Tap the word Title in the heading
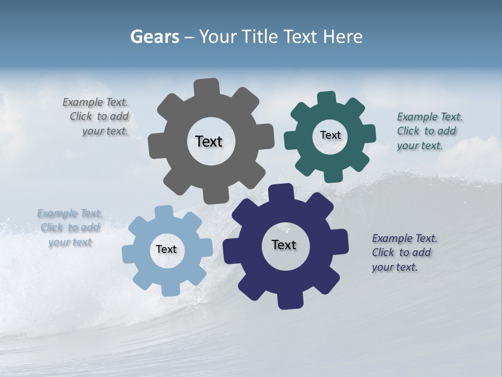(x=259, y=37)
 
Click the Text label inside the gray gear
(x=209, y=141)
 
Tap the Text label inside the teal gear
(x=330, y=135)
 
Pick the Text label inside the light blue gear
(x=166, y=249)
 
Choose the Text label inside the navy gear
(x=284, y=245)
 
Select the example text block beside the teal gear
(x=428, y=131)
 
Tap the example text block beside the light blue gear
(x=70, y=228)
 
